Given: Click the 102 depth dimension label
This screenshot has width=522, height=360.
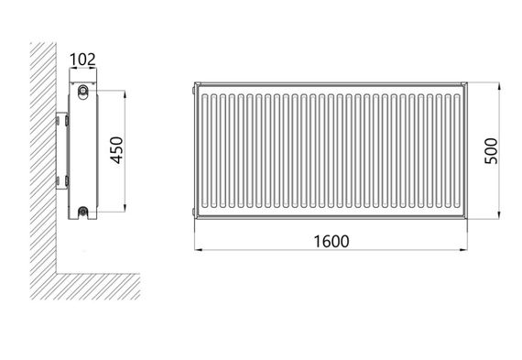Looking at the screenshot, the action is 82,60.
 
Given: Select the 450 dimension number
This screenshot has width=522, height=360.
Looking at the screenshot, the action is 117,150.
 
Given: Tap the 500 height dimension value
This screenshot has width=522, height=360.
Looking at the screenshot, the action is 491,151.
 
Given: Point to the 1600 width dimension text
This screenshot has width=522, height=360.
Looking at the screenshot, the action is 332,242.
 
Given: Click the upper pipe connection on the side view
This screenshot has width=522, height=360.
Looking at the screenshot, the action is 83,90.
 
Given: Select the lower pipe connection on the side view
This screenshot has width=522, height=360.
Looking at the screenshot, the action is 83,211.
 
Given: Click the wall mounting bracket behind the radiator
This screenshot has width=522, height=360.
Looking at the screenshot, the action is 62,151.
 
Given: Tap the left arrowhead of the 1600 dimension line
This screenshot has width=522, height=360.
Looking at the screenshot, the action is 199,249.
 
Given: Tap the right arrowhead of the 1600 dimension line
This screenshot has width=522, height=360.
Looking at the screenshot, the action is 463,249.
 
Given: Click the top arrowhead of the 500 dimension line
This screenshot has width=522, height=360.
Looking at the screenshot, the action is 499,87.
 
